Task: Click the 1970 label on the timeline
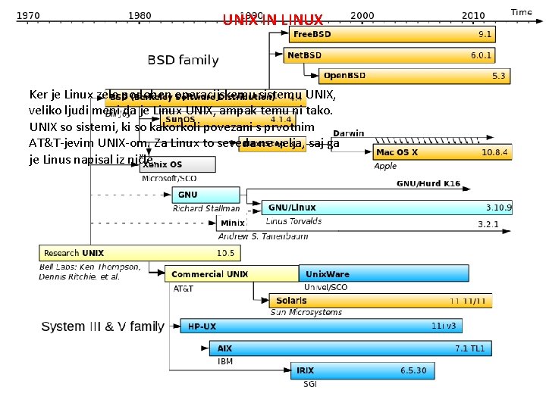click(30, 14)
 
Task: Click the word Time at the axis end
click(521, 12)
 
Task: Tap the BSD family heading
click(183, 60)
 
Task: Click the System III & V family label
click(102, 326)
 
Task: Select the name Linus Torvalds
click(293, 221)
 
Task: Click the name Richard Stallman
click(206, 208)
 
